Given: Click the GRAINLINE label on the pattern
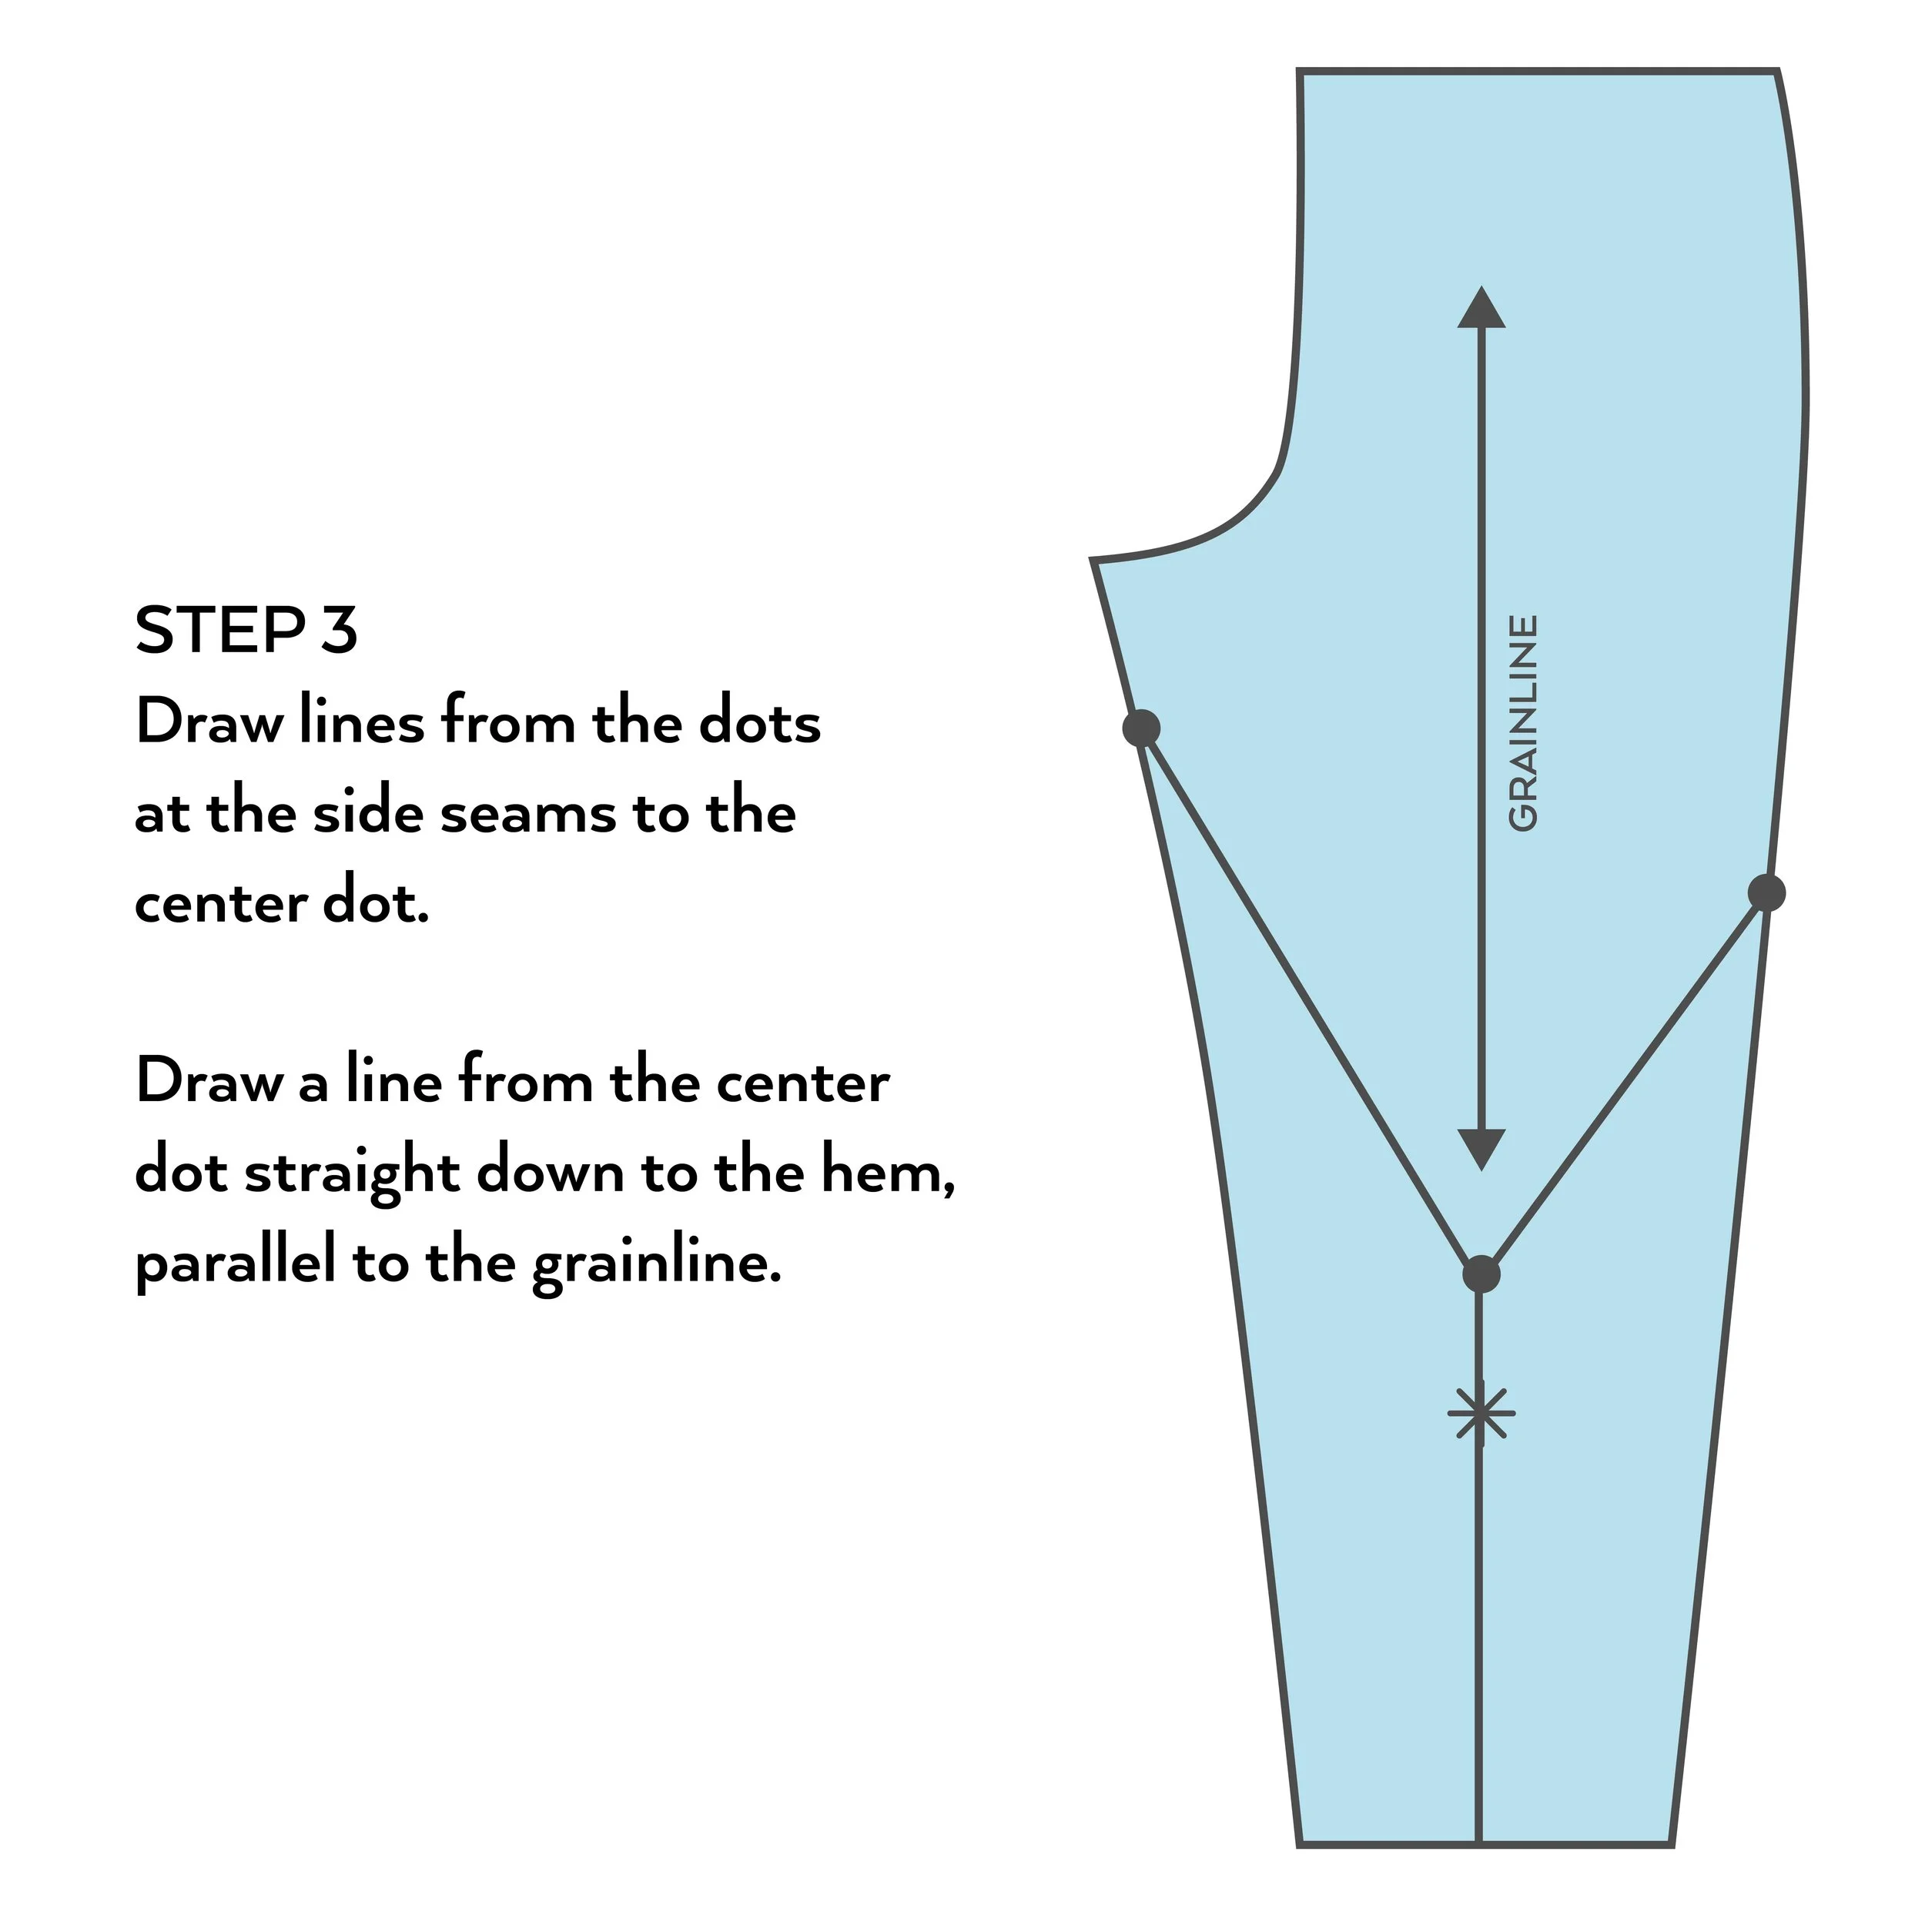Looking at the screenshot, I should (1522, 722).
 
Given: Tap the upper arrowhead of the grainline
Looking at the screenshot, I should (1481, 308).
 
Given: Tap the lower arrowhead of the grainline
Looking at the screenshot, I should (1481, 1149).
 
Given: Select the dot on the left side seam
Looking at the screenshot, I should (1142, 728).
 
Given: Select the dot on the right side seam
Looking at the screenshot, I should (1766, 892).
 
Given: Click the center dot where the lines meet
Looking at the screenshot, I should (1481, 1274).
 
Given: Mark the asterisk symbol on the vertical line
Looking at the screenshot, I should (1481, 1412).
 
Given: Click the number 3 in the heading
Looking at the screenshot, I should (340, 630).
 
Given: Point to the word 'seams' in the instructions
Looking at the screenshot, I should (528, 813).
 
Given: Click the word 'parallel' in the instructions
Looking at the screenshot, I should (235, 1264).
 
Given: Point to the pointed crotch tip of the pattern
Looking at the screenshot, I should (1094, 562).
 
